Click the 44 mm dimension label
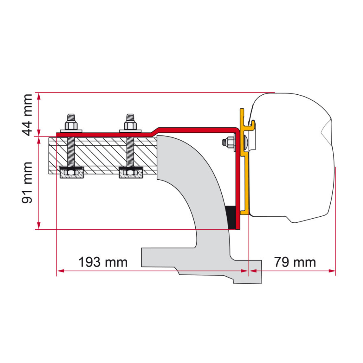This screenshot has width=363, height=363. [28, 115]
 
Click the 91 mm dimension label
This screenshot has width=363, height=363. [28, 182]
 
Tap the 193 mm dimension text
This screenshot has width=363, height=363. [103, 262]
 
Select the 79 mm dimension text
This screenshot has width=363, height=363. [295, 262]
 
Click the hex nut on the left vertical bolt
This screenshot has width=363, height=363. [71, 125]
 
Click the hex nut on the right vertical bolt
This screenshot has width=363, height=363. [130, 125]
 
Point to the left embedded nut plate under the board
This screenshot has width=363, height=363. [72, 173]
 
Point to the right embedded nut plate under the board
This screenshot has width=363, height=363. [131, 173]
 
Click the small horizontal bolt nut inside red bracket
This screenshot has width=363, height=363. [229, 142]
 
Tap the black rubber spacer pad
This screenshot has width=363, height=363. [231, 217]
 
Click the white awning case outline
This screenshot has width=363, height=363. [290, 157]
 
